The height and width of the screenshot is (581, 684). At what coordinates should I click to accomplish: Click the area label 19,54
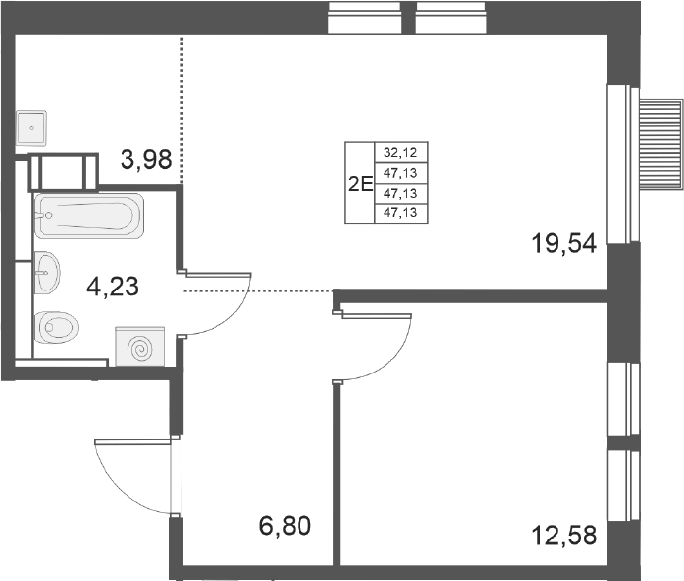pyautogui.click(x=563, y=243)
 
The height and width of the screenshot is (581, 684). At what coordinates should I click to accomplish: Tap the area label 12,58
pyautogui.click(x=563, y=536)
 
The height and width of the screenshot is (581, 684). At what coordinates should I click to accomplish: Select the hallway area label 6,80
pyautogui.click(x=285, y=525)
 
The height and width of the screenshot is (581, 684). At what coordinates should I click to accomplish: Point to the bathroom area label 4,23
pyautogui.click(x=113, y=287)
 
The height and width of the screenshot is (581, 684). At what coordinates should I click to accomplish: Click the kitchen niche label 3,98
pyautogui.click(x=146, y=159)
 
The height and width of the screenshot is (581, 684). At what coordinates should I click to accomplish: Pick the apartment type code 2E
pyautogui.click(x=361, y=185)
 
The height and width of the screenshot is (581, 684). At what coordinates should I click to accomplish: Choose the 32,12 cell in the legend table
pyautogui.click(x=400, y=153)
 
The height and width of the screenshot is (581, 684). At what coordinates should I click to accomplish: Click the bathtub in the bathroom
pyautogui.click(x=89, y=216)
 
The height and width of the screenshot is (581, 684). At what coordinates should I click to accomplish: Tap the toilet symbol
pyautogui.click(x=55, y=327)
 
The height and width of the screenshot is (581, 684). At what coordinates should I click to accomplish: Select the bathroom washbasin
pyautogui.click(x=46, y=273)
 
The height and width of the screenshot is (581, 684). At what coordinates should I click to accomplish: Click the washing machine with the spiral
pyautogui.click(x=140, y=347)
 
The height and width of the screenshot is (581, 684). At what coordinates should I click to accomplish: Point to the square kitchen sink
pyautogui.click(x=32, y=128)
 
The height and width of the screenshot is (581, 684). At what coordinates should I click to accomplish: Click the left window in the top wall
pyautogui.click(x=365, y=18)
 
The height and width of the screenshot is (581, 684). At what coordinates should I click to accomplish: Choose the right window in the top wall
pyautogui.click(x=451, y=18)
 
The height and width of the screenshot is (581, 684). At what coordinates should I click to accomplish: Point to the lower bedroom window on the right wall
pyautogui.click(x=624, y=485)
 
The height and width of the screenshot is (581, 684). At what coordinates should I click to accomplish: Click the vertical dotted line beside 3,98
pyautogui.click(x=182, y=110)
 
